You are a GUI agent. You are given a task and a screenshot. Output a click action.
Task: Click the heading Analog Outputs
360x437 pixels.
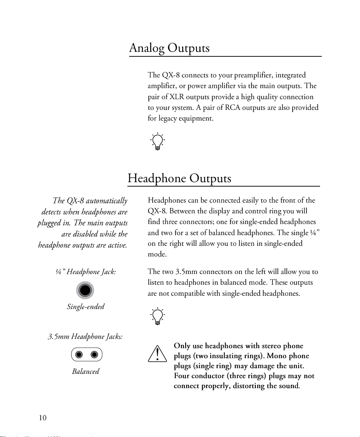point(169,48)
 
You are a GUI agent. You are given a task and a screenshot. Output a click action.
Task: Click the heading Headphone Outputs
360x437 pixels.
point(179,178)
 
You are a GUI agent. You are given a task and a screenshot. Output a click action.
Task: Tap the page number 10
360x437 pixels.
point(42,418)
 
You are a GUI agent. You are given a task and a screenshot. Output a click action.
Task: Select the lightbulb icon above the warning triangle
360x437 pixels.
point(157,316)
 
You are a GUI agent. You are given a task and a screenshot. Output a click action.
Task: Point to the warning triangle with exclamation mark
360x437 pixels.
point(157,354)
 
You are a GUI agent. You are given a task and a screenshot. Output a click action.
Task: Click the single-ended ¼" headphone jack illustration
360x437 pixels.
point(85,290)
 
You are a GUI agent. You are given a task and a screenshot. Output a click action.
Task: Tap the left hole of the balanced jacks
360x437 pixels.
point(79,355)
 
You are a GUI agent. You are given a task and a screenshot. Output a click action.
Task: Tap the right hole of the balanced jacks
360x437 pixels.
point(94,355)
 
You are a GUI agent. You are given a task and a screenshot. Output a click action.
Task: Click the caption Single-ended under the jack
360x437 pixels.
point(86,307)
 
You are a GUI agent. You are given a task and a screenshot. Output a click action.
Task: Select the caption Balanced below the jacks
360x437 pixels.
point(86,371)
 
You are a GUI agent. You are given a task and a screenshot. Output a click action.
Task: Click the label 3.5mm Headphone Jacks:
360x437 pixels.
point(85,336)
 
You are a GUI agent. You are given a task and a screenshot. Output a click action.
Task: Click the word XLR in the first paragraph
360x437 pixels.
point(177,97)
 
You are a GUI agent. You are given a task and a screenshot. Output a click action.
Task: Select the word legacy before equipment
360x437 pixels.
point(168,118)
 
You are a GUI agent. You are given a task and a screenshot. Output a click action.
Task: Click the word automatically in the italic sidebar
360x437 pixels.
point(106,201)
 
